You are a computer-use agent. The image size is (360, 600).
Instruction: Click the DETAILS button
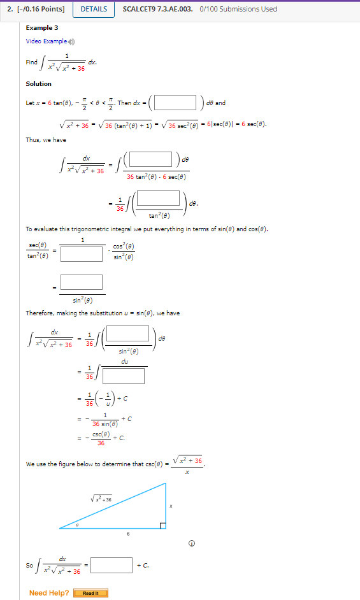(x=93, y=9)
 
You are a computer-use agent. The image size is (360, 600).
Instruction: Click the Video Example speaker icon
(x=72, y=41)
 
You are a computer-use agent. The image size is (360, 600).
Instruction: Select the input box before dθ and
(x=175, y=102)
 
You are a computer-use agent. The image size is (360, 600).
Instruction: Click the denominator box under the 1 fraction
(x=82, y=254)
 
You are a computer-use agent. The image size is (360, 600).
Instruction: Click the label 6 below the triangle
(x=128, y=534)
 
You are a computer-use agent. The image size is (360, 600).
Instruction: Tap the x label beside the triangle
(x=171, y=506)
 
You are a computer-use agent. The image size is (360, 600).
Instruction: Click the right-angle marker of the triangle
(x=162, y=525)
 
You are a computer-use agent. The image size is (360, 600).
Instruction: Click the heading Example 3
(x=42, y=28)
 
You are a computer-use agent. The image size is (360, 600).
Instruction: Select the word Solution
(x=39, y=83)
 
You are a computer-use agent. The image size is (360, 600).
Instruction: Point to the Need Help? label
(x=49, y=593)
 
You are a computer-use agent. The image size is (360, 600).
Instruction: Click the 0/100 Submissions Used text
(x=238, y=9)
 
